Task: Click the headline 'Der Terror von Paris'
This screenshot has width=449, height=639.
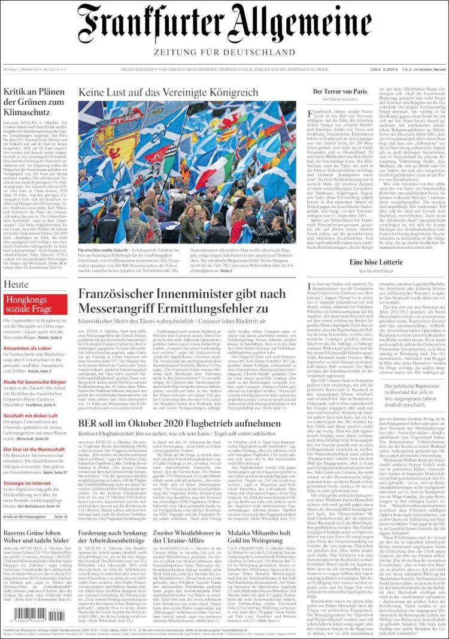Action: [339, 91]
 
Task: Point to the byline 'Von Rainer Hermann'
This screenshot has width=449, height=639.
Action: [339, 100]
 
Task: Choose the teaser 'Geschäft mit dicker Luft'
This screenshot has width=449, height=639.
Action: [29, 415]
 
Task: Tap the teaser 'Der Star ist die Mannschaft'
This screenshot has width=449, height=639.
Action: [34, 449]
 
